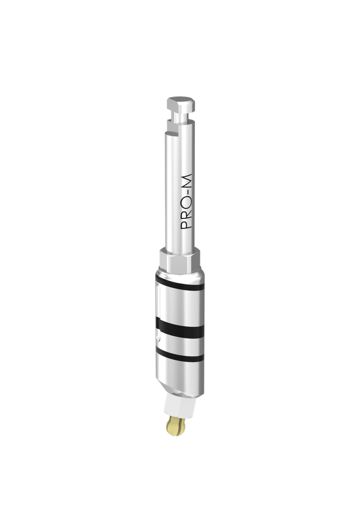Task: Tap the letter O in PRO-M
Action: click(186, 204)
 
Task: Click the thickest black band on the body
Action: click(180, 328)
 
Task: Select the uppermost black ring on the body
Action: click(179, 287)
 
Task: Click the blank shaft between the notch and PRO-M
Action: click(180, 154)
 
